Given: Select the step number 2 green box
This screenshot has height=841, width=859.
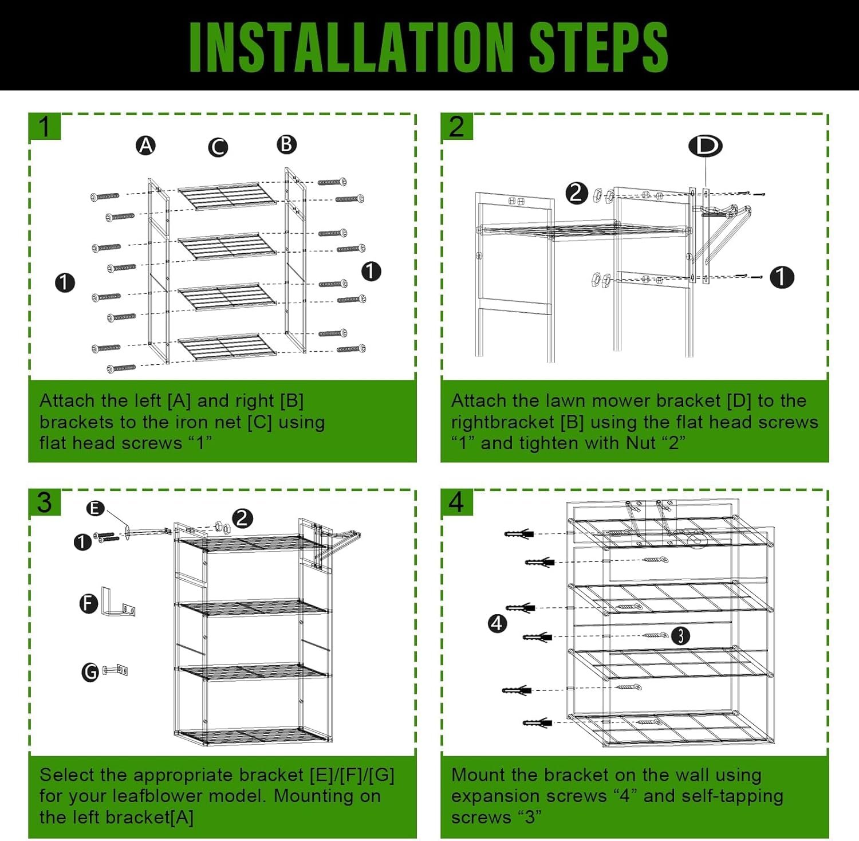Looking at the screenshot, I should tap(457, 126).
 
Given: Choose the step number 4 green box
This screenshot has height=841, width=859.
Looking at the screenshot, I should tap(457, 502).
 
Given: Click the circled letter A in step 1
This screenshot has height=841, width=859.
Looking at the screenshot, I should tap(146, 146).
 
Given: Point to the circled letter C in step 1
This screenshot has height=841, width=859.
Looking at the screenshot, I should tap(218, 147).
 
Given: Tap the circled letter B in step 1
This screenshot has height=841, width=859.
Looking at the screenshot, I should tap(286, 144).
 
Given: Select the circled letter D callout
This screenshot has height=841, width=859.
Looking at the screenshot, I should tap(706, 146).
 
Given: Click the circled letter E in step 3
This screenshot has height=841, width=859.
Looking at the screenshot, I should tap(96, 508).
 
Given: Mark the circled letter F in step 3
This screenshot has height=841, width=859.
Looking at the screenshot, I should tap(89, 603).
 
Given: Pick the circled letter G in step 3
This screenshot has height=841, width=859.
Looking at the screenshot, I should tap(90, 671).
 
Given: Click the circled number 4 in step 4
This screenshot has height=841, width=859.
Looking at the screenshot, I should tap(497, 623).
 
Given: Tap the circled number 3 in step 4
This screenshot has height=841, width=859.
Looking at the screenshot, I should tap(680, 635).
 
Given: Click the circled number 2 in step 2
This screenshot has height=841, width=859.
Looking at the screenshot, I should tap(577, 193).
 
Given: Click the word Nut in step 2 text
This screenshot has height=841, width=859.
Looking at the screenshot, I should tap(641, 443).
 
